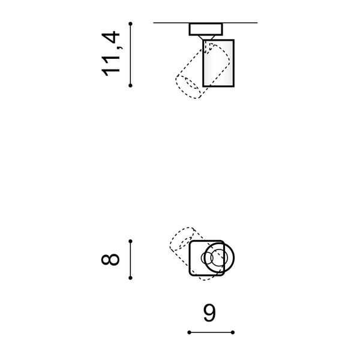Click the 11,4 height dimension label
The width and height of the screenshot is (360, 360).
110,53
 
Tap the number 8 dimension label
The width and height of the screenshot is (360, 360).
110,259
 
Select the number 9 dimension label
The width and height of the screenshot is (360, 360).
209,313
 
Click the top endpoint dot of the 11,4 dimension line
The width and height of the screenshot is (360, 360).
130,23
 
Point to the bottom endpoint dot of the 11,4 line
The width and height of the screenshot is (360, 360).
130,86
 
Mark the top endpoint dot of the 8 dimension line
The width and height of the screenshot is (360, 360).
130,241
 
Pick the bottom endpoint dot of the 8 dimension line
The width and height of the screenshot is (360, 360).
130,278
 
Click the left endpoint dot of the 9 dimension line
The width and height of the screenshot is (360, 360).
189,332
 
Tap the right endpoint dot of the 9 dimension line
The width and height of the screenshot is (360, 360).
233,332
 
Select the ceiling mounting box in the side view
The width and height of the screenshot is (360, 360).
206,29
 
